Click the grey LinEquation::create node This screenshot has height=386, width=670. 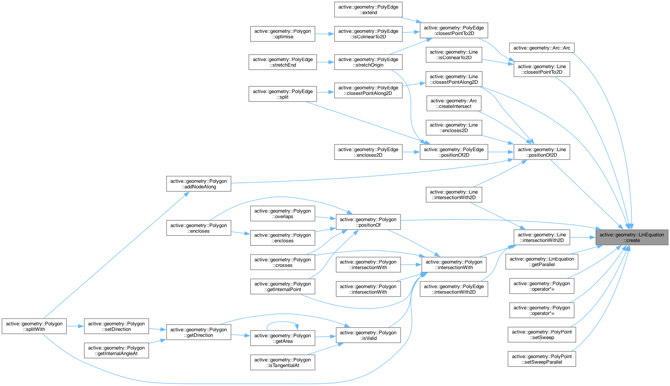(x=632, y=237)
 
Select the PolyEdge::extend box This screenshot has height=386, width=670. (x=368, y=10)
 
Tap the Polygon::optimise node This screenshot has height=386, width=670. (x=283, y=34)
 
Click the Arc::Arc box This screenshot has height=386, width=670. (x=542, y=48)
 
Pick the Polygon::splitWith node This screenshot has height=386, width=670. (x=34, y=326)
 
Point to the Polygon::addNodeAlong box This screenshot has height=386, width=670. (x=199, y=184)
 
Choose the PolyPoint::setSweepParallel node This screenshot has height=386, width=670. (x=542, y=359)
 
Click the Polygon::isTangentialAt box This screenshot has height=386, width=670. (x=283, y=363)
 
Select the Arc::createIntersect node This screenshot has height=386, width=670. (x=454, y=103)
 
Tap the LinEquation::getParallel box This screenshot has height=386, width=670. (x=542, y=262)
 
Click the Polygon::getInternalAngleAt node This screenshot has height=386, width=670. (x=116, y=351)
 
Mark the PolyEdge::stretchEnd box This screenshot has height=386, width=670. (x=283, y=62)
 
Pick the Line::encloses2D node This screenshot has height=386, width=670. (x=454, y=128)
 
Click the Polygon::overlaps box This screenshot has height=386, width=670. (x=283, y=214)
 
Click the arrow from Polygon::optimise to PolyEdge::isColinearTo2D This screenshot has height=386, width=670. (x=325, y=34)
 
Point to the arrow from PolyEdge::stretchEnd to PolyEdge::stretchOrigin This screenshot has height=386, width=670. (x=325, y=62)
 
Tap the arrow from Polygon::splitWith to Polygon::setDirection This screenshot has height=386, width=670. (x=75, y=326)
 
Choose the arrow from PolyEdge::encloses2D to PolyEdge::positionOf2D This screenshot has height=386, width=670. (x=411, y=152)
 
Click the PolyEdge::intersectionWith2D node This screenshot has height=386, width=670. (x=454, y=289)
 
